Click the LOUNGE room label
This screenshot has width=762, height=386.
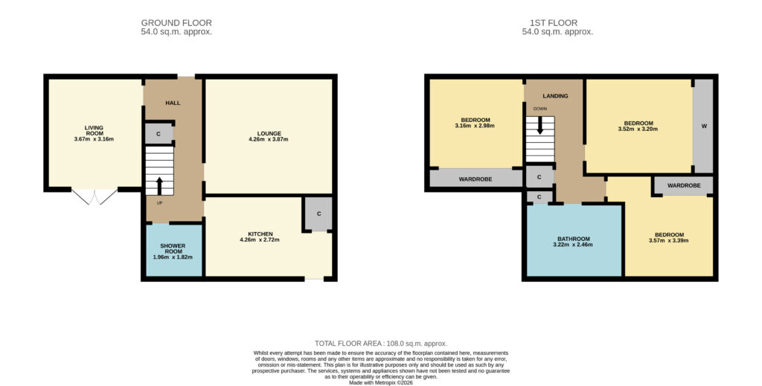click(269, 134)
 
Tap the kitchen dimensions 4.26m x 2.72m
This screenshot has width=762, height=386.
click(260, 239)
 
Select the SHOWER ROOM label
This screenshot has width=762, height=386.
click(173, 248)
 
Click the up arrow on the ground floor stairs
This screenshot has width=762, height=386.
click(159, 186)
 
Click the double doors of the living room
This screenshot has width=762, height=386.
click(95, 196)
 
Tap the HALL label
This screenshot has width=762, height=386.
click(173, 103)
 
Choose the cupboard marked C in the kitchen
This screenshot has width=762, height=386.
click(318, 213)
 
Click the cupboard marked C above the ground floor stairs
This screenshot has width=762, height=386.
click(159, 134)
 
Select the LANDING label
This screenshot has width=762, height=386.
click(555, 96)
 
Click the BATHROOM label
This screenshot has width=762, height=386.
click(574, 239)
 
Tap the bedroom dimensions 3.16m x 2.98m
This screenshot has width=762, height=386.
click(476, 126)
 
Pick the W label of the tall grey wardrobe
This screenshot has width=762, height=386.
click(704, 126)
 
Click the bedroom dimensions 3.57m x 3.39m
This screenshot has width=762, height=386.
click(669, 240)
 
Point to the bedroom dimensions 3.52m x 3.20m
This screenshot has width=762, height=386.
click(638, 129)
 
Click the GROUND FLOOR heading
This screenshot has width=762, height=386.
click(176, 23)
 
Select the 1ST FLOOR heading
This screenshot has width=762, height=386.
click(554, 23)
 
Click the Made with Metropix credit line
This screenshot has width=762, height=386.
click(381, 382)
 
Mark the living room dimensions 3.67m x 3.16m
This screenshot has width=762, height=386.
click(94, 139)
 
